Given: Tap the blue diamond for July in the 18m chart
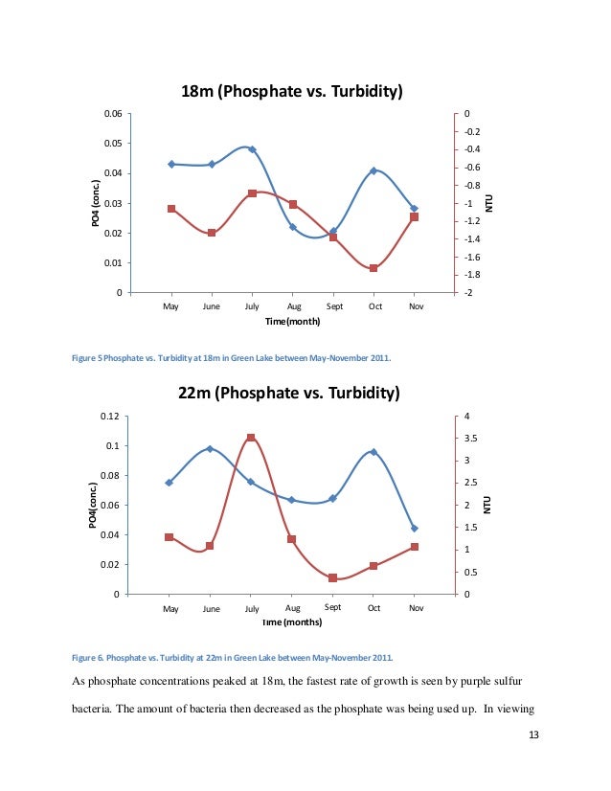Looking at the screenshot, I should (252, 149).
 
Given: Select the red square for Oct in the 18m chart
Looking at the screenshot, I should (373, 268).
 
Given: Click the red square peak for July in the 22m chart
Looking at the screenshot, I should (251, 438).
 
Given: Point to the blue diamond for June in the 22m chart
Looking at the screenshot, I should (211, 449).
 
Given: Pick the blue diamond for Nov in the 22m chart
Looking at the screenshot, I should (414, 528).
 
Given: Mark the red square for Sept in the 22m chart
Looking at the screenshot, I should (332, 578).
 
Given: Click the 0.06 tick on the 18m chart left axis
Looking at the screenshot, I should (112, 114).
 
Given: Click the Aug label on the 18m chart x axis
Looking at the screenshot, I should (292, 306).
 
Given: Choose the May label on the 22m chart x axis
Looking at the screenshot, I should (170, 608).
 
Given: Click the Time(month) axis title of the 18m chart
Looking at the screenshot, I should (292, 322).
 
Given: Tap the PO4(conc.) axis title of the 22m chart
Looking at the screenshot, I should (93, 505).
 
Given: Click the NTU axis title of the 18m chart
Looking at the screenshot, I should (487, 202).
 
